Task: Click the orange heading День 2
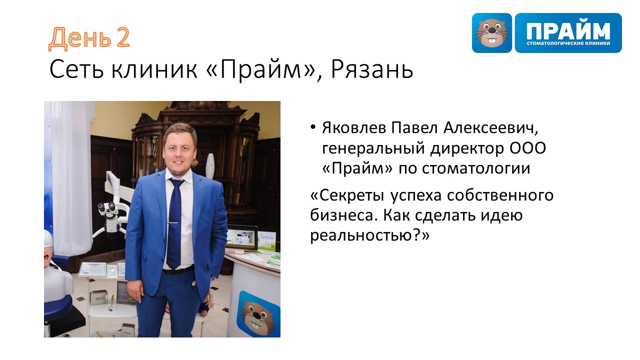tap(89, 38)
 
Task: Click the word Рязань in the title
tap(372, 69)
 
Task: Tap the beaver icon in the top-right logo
tap(491, 33)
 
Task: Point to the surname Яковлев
tap(354, 127)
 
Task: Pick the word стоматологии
tap(476, 168)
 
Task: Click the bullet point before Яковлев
tap(313, 126)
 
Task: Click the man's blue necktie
tap(175, 223)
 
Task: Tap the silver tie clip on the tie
tap(174, 222)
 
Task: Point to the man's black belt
tap(178, 270)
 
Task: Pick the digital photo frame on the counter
tap(241, 236)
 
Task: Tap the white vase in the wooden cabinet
tap(210, 166)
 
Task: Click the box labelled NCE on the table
tap(99, 298)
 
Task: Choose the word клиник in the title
tap(154, 69)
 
